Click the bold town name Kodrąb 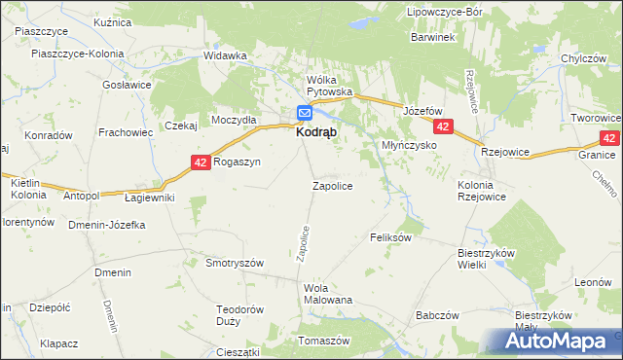317,136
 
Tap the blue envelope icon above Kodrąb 304,113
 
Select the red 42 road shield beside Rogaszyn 201,163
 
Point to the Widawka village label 225,55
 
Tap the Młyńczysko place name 407,145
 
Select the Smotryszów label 236,263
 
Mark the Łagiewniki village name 150,198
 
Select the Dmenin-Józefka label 107,225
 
